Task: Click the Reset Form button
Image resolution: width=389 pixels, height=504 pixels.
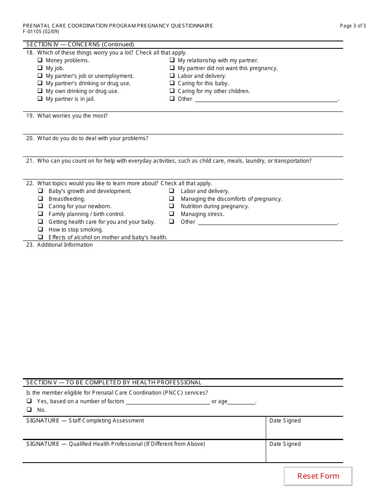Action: pos(318,476)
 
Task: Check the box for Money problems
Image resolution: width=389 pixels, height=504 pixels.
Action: pos(40,60)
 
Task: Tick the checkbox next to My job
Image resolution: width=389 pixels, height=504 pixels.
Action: pos(40,68)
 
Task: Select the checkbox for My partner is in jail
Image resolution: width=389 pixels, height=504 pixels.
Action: pos(40,99)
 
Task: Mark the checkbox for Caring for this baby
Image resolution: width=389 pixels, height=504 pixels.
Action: pos(172,83)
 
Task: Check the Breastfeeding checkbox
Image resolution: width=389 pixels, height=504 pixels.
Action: pos(41,199)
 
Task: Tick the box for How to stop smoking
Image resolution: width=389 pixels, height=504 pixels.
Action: pos(41,229)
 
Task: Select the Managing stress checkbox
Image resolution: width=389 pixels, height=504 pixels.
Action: pos(172,214)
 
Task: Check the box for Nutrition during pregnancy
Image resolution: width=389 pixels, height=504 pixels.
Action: pos(172,206)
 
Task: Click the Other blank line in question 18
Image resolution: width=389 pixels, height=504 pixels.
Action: pos(266,99)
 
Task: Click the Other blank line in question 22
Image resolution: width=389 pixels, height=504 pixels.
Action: pos(268,222)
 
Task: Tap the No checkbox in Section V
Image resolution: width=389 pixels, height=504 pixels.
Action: pos(29,410)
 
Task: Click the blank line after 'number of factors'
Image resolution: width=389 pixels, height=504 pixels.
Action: pos(168,402)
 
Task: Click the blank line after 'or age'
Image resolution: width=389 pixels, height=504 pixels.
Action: pos(242,402)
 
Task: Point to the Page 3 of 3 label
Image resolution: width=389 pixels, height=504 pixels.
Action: pos(353,26)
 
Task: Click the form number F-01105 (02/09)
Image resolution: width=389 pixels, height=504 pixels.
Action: pos(41,31)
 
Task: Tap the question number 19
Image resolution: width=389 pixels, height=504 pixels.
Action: pos(30,116)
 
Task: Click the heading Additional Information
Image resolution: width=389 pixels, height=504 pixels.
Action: pos(65,245)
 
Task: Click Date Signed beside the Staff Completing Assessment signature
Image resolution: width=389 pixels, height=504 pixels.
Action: pos(285,421)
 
